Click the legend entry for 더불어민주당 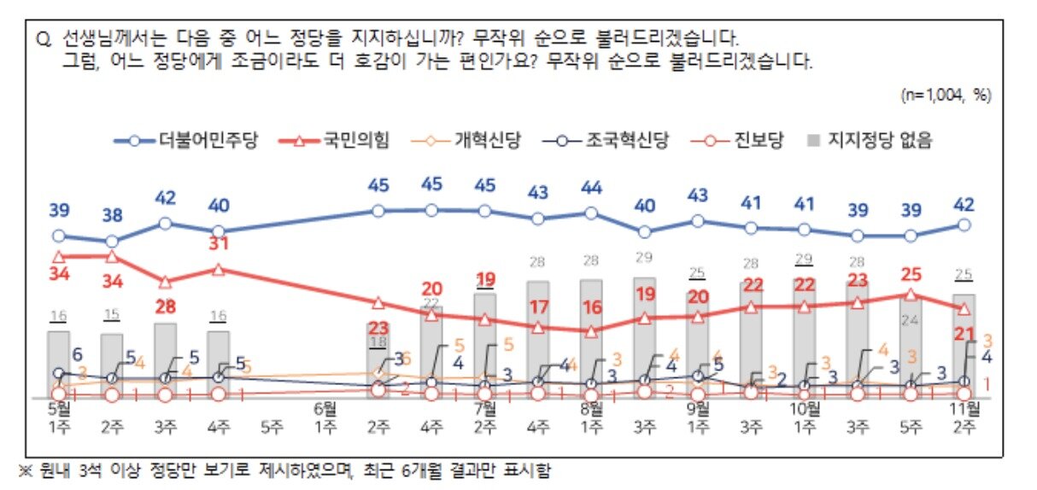pyautogui.click(x=192, y=141)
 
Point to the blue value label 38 pyautogui.click(x=111, y=214)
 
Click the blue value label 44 pyautogui.click(x=591, y=187)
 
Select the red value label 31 pyautogui.click(x=219, y=244)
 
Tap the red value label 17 pyautogui.click(x=538, y=306)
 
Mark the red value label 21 pyautogui.click(x=964, y=332)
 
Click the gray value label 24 pyautogui.click(x=911, y=321)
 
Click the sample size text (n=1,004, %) pyautogui.click(x=946, y=95)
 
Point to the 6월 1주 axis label pyautogui.click(x=325, y=415)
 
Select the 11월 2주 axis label pyautogui.click(x=964, y=415)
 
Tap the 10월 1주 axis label pyautogui.click(x=804, y=415)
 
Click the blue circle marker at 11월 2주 pyautogui.click(x=964, y=225)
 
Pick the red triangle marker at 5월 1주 pyautogui.click(x=58, y=256)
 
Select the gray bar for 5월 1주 pyautogui.click(x=58, y=363)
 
